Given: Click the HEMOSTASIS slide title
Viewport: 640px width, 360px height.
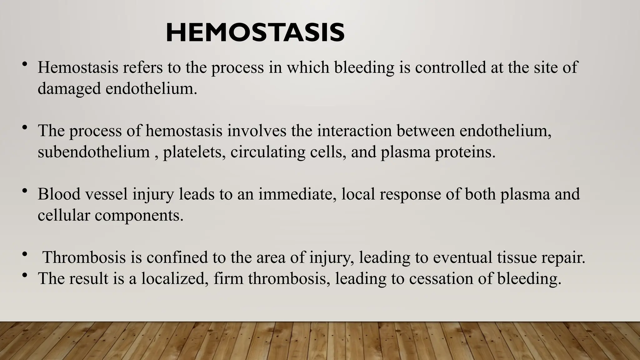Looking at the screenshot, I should point(255,33).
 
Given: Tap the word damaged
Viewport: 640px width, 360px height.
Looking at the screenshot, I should point(69,89).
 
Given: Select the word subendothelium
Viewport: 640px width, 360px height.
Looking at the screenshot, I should point(94,152).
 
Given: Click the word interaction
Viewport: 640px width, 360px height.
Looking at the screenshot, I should point(354,131).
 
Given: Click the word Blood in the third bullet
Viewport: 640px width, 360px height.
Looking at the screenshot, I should point(59,194).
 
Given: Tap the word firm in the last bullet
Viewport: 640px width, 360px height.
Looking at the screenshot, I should point(228,278).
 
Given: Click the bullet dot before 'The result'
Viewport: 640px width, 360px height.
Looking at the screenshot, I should point(25,275).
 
